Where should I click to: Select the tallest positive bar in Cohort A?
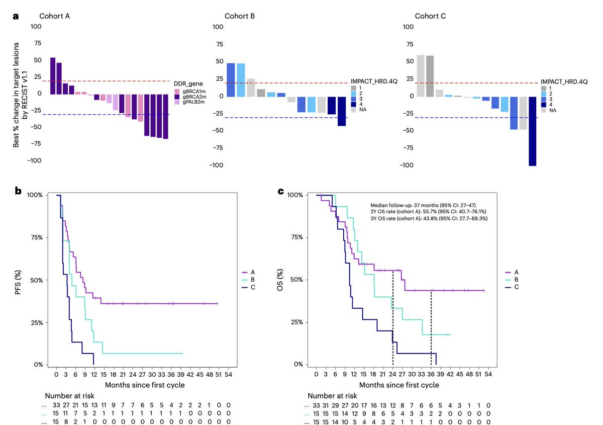point(53,75)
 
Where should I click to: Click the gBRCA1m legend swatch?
point(177,90)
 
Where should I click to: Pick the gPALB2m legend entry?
point(193,102)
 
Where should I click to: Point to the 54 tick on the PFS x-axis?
point(228,375)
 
